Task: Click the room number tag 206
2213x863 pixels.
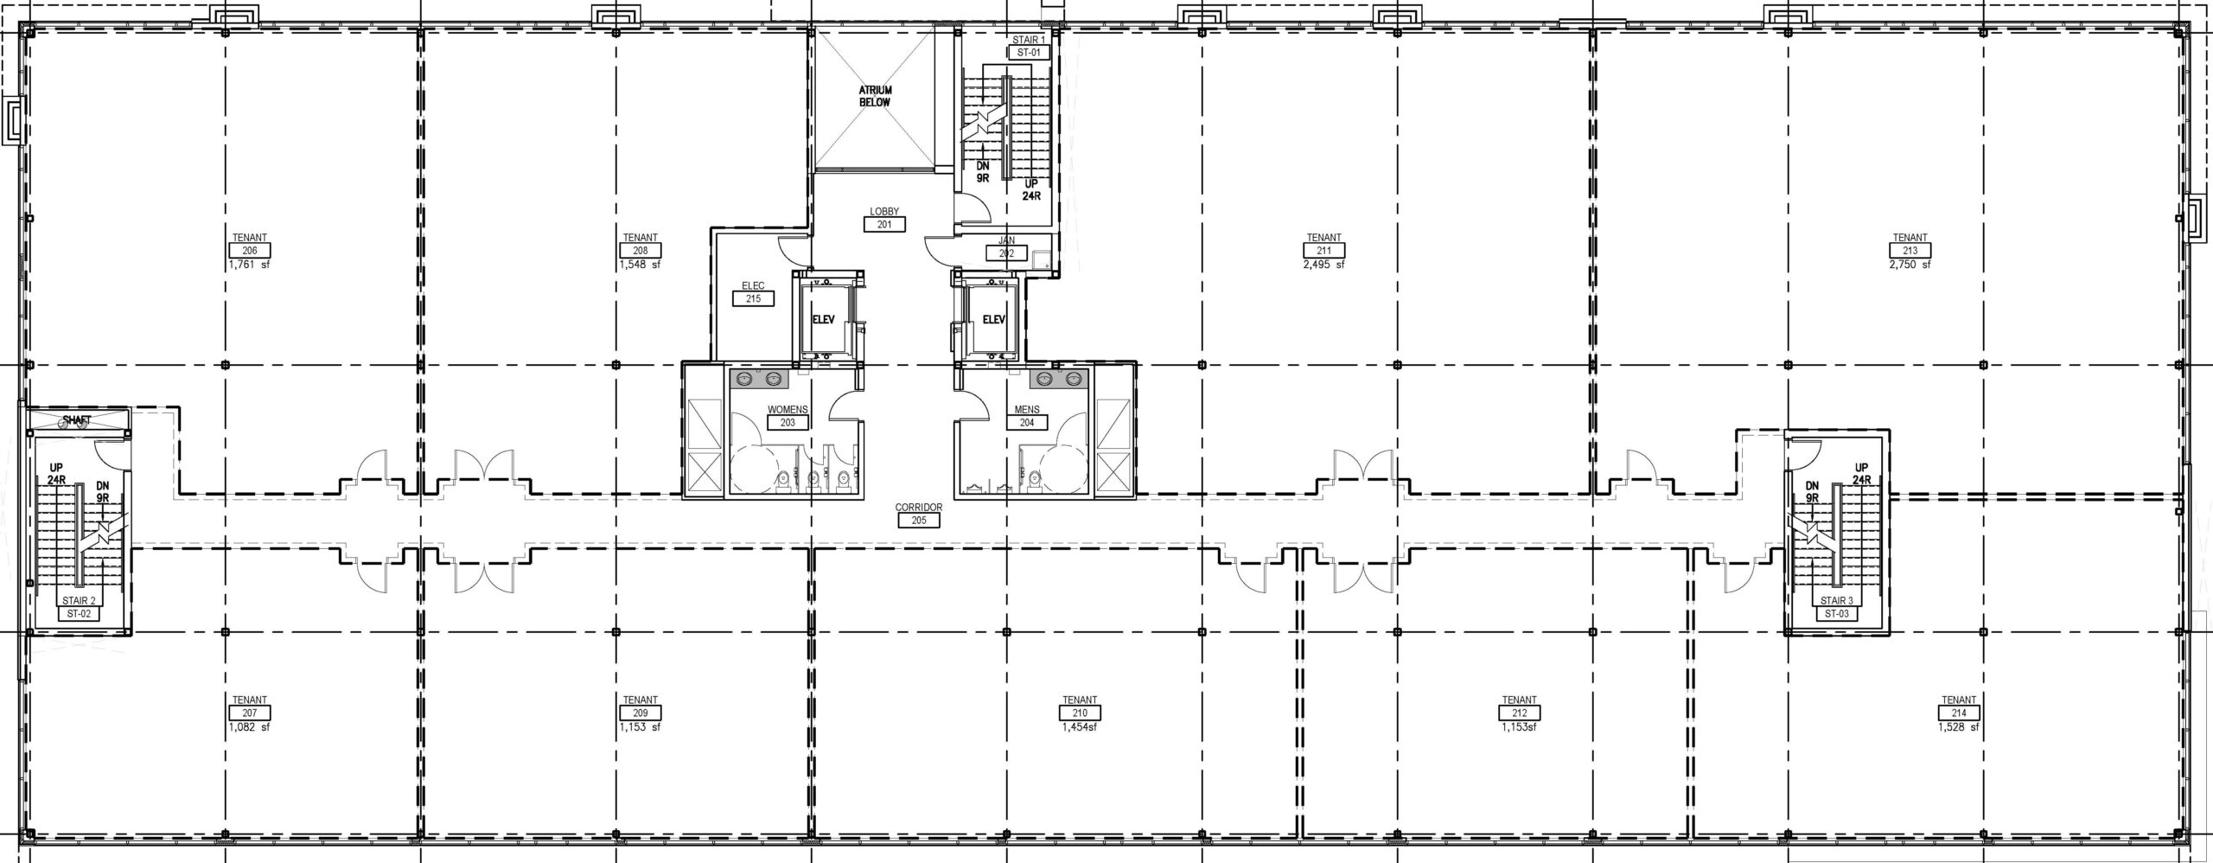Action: point(250,251)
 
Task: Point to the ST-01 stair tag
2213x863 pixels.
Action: point(1029,52)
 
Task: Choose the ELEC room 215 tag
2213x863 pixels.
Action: point(753,299)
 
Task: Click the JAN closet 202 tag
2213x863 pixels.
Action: point(1007,254)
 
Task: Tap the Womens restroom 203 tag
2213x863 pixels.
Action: point(788,423)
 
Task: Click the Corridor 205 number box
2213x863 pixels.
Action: point(919,521)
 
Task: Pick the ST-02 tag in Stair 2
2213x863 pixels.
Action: point(79,614)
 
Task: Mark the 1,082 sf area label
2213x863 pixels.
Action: point(250,728)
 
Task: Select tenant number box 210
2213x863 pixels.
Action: point(1081,713)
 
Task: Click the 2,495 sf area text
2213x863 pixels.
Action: point(1323,265)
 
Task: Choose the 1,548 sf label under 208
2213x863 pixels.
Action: point(640,265)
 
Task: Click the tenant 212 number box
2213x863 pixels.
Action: point(1520,713)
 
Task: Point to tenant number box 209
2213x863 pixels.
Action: point(641,713)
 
